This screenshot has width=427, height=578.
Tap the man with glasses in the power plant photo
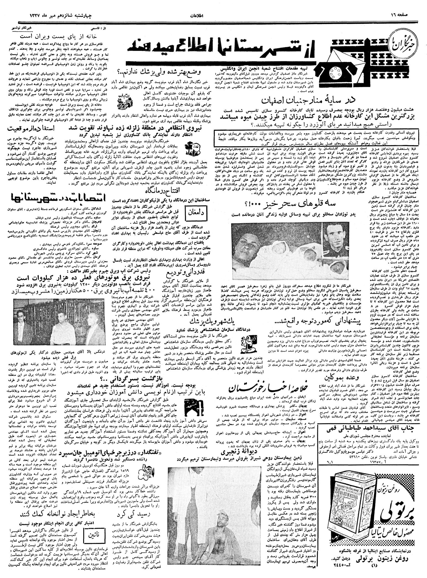[21, 310]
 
